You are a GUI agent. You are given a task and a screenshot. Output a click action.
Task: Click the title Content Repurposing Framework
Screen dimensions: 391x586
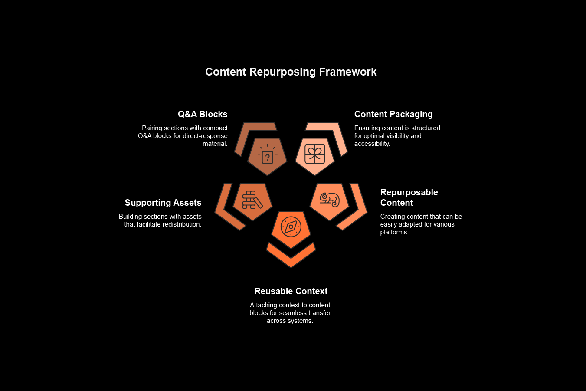[291, 72]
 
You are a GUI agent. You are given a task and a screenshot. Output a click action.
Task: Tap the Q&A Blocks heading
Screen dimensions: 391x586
[203, 114]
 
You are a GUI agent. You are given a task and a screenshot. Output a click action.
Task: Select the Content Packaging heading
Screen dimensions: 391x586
[393, 114]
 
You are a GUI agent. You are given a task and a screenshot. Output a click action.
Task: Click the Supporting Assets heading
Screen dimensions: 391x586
[163, 203]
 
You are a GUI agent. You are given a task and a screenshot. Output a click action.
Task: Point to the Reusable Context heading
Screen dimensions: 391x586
[291, 291]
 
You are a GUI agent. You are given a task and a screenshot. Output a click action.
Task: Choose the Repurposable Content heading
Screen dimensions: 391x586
[409, 197]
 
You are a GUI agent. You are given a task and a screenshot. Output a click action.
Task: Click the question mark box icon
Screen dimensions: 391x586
[267, 157]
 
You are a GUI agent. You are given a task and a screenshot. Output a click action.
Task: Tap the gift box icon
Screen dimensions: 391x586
[314, 154]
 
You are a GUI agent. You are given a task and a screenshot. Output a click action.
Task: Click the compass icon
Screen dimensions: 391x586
[291, 227]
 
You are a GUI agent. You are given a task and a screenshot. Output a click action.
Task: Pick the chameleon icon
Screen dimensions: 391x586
[330, 200]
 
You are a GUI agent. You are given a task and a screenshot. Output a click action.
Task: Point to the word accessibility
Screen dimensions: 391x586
[372, 144]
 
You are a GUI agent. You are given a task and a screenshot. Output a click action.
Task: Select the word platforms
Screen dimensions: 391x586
[394, 232]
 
